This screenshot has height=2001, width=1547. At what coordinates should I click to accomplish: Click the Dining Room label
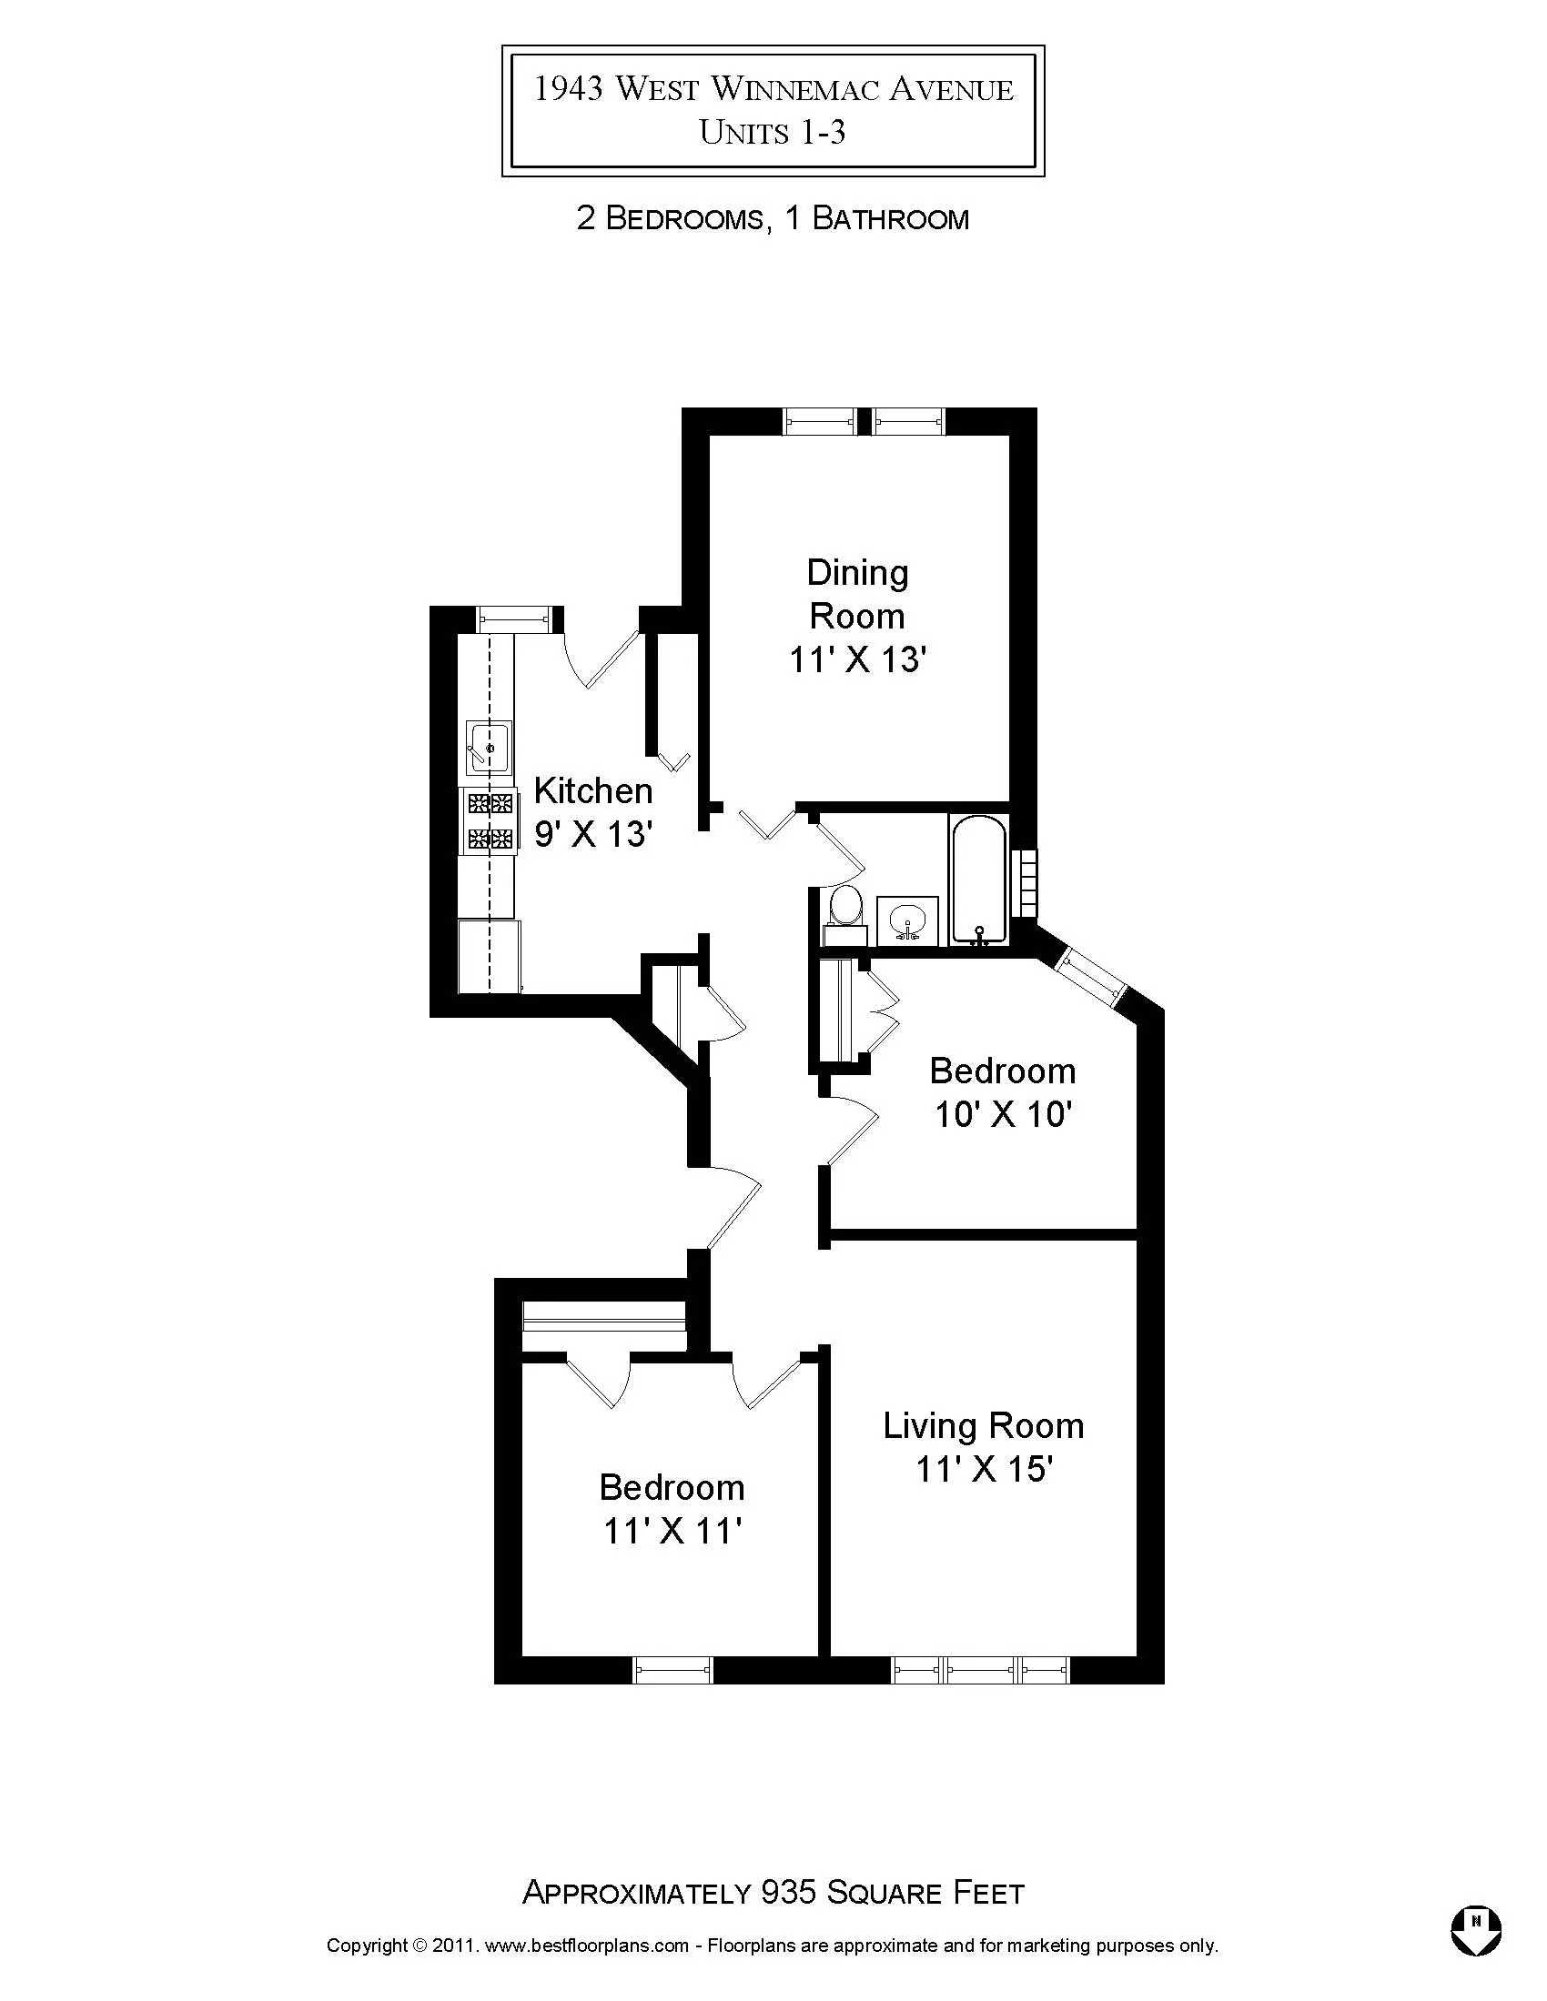coord(856,594)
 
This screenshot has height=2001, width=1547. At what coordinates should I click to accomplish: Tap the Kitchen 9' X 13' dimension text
coord(593,835)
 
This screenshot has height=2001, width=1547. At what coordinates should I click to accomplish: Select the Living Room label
coord(983,1425)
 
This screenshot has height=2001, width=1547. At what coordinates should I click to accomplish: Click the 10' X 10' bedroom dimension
coord(1003,1115)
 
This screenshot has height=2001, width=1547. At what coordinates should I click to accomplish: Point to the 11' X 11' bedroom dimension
coord(671,1531)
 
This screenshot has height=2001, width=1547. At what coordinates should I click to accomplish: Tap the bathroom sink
coord(907,919)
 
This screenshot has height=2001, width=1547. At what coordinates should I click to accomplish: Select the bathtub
coord(979,880)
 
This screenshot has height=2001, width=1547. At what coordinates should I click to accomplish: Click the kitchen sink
coord(489,747)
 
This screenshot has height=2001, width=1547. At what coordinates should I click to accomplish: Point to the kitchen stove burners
coord(490,821)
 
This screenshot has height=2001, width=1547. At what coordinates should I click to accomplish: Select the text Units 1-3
coord(772,134)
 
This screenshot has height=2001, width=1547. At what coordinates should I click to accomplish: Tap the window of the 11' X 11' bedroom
coord(672,1669)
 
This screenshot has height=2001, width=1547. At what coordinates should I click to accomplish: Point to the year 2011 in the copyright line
coord(452,1946)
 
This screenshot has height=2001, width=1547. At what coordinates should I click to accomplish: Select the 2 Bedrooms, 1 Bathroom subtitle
coord(772,219)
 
